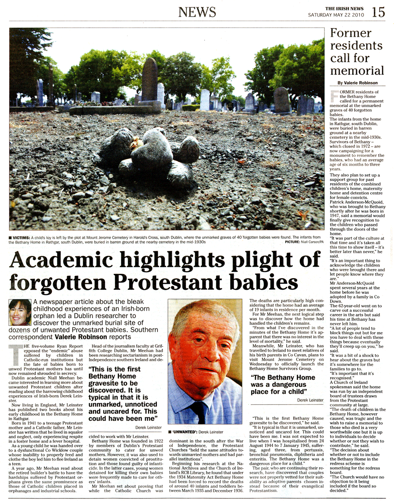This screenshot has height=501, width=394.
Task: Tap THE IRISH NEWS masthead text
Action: (344, 9)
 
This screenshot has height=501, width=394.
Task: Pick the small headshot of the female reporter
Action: (20, 312)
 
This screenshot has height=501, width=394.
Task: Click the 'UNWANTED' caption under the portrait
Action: (195, 432)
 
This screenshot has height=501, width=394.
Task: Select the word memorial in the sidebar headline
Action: (357, 71)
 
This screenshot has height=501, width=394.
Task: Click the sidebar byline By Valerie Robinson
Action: (357, 83)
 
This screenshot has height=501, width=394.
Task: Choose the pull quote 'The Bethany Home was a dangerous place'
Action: (283, 384)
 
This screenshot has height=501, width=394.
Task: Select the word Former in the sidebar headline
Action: (350, 33)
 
